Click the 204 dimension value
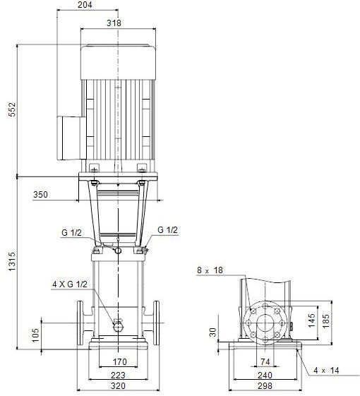(85, 4)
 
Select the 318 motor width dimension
(114, 23)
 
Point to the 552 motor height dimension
(12, 109)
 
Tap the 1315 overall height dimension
(12, 261)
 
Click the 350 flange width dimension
(40, 194)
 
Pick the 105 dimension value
(35, 335)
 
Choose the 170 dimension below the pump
(119, 362)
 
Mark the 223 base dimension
(118, 375)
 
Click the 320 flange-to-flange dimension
(118, 386)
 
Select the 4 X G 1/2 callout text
(70, 284)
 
